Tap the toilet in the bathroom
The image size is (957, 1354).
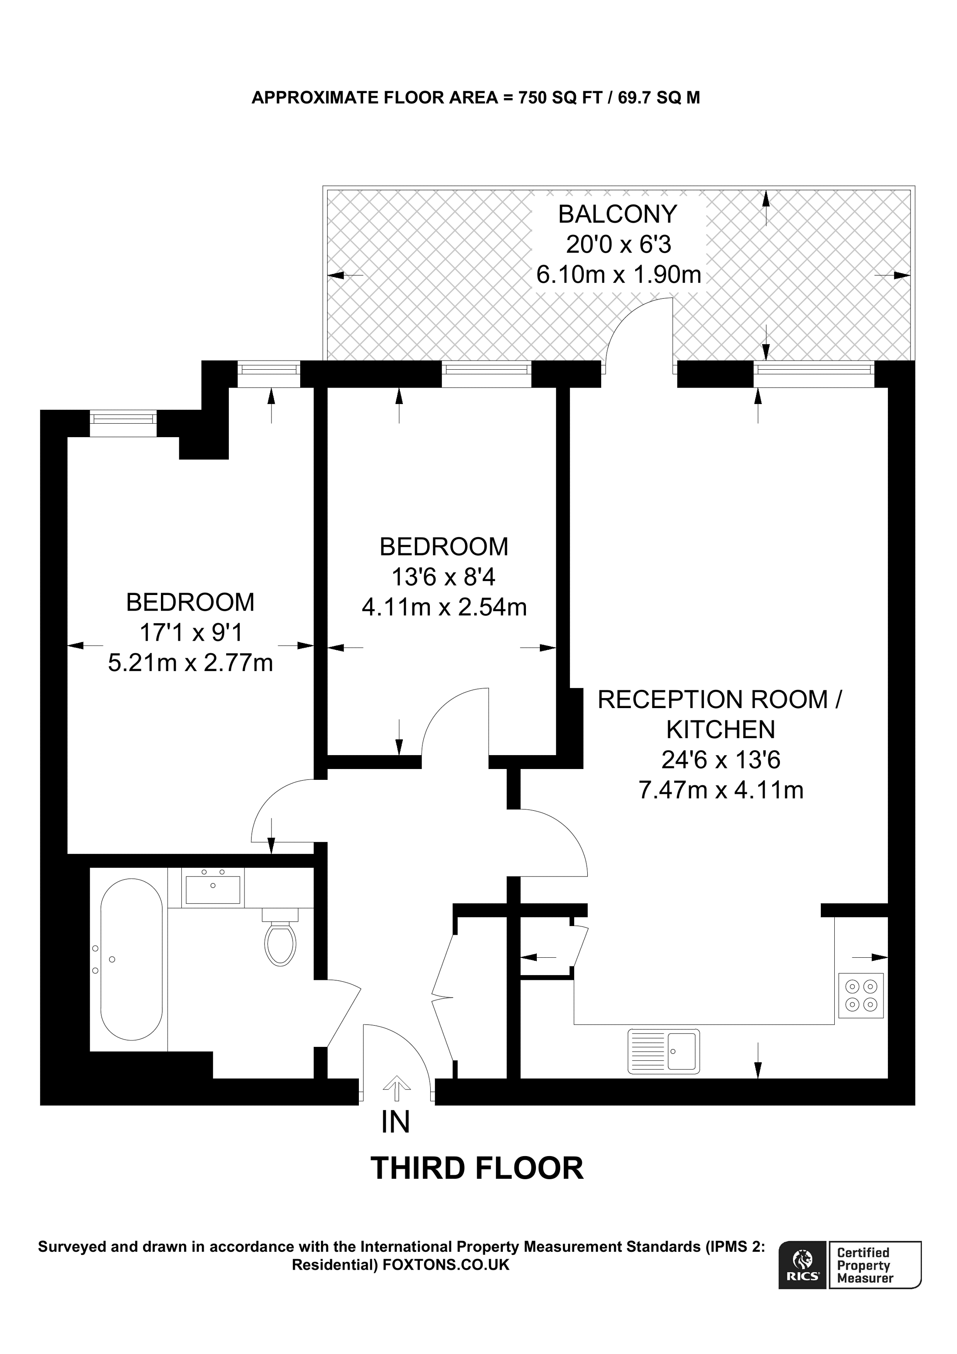[281, 941]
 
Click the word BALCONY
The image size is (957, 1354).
[617, 214]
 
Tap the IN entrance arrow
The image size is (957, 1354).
[396, 1086]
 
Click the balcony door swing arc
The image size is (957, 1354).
[637, 330]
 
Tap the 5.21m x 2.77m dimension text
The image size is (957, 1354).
[191, 663]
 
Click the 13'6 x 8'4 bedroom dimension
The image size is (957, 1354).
[443, 577]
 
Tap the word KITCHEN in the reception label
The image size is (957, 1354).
[720, 729]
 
